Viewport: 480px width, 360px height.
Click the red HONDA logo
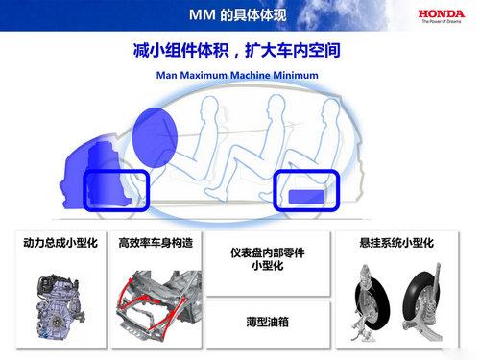tap(442, 13)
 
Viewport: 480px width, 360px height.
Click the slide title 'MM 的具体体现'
tap(238, 14)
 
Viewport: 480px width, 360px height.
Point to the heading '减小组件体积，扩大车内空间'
tap(237, 51)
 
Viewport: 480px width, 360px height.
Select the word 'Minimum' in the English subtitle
tap(296, 75)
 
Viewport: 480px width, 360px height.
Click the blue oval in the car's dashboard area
tap(155, 137)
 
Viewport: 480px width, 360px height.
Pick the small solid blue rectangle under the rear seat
tap(306, 197)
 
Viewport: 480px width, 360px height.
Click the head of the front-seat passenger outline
tap(210, 108)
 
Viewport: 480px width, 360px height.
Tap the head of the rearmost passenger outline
tap(329, 108)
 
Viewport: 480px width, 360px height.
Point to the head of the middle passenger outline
tap(276, 106)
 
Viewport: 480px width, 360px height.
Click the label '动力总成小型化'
tap(60, 243)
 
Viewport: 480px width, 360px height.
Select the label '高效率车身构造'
tap(156, 243)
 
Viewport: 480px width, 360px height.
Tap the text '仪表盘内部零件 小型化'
tap(268, 259)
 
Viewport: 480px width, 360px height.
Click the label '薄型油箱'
tap(268, 322)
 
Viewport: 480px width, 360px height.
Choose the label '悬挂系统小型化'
tap(396, 243)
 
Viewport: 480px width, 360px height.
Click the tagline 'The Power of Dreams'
tap(442, 21)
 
